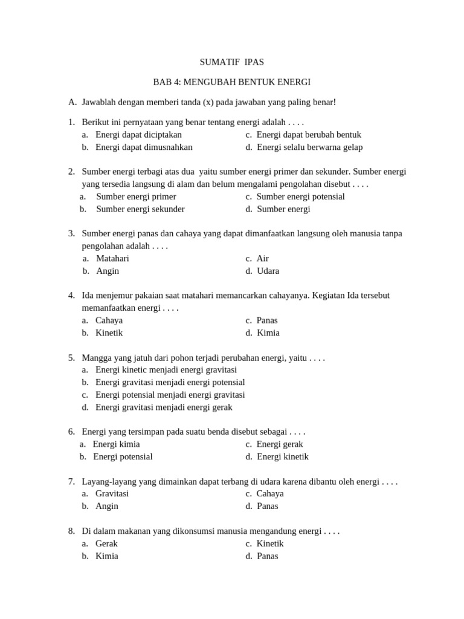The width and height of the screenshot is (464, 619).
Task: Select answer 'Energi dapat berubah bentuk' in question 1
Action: tap(309, 135)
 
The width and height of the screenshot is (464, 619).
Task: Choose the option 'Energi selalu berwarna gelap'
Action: tap(309, 147)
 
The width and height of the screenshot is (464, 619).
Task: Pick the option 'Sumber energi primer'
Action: tap(136, 196)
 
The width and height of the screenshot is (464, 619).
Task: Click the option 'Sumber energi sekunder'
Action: tap(140, 209)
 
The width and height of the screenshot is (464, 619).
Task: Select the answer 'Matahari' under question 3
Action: tap(112, 258)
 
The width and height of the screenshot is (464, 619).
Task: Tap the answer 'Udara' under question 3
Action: tap(268, 271)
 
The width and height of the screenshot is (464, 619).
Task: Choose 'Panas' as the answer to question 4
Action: tap(267, 320)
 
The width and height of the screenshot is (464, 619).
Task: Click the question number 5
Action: tap(71, 358)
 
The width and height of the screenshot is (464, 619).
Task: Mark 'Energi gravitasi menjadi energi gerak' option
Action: tap(164, 407)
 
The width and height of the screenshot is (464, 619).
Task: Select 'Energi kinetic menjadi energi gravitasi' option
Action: tap(166, 369)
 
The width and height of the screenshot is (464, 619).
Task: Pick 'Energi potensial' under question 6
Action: tap(123, 456)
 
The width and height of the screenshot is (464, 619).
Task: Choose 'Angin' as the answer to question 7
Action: tap(107, 506)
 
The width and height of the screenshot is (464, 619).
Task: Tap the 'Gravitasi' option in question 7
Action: tap(112, 493)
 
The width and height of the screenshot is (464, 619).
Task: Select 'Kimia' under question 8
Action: tap(107, 556)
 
